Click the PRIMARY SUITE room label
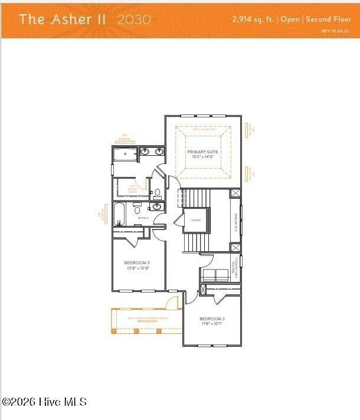pyautogui.click(x=203, y=152)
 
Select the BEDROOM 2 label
pyautogui.click(x=211, y=319)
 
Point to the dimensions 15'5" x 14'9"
pyautogui.click(x=203, y=157)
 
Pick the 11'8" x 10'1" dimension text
pyautogui.click(x=211, y=324)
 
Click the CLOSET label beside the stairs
pyautogui.click(x=196, y=220)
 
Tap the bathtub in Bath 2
pyautogui.click(x=120, y=214)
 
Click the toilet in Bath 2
pyautogui.click(x=138, y=208)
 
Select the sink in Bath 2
pyautogui.click(x=157, y=206)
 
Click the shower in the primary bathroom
pyautogui.click(x=125, y=155)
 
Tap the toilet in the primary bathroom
pyautogui.click(x=157, y=192)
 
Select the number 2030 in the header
pyautogui.click(x=134, y=19)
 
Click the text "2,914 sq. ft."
pyautogui.click(x=254, y=19)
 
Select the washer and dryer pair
pyautogui.click(x=215, y=274)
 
